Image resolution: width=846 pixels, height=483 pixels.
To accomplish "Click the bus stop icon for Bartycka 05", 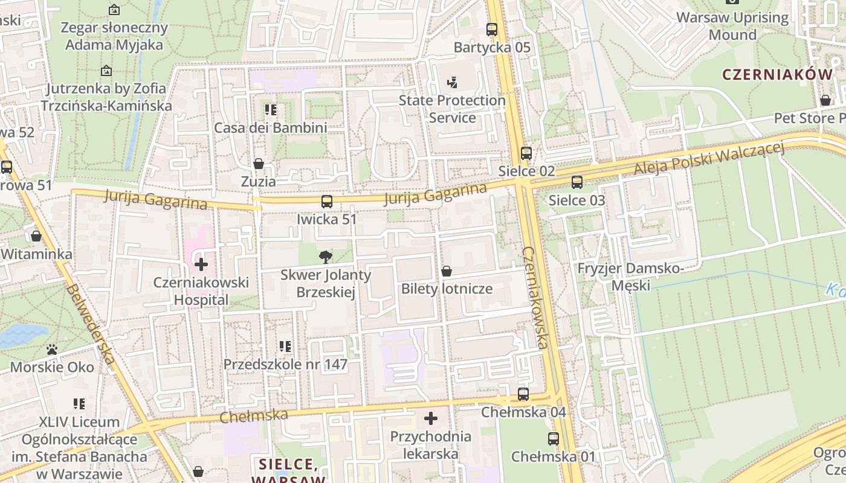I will point(492,29).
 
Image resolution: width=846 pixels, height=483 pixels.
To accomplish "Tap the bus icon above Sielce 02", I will point(526,153).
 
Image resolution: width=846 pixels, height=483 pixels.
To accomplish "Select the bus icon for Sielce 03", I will point(577,182).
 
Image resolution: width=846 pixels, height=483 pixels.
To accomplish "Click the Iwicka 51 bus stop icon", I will point(327,202).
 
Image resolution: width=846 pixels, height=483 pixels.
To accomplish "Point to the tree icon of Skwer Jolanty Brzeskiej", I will point(326,257).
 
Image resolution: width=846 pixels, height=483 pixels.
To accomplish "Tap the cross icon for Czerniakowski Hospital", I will point(201,264).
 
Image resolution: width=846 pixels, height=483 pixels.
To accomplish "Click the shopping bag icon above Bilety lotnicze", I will point(447,271).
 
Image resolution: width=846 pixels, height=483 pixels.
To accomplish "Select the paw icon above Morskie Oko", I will point(52,350).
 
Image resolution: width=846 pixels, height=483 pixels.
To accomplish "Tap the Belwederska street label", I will point(91,324).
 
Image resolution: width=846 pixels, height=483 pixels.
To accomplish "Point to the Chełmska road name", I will point(253,415).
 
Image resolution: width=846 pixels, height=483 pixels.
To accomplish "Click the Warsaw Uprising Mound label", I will point(732,26).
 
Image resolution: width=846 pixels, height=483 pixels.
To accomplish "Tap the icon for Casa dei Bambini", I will point(271,110).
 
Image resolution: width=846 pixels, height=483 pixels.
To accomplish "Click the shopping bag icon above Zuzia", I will point(259,164).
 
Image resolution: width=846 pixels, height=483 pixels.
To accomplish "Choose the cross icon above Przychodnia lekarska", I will point(431,418).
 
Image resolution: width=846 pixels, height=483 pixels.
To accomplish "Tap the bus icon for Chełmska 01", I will point(554,439).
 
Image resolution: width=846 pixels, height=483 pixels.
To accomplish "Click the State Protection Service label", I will point(452,109).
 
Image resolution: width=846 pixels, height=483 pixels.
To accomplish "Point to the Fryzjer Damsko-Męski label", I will point(630,276).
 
